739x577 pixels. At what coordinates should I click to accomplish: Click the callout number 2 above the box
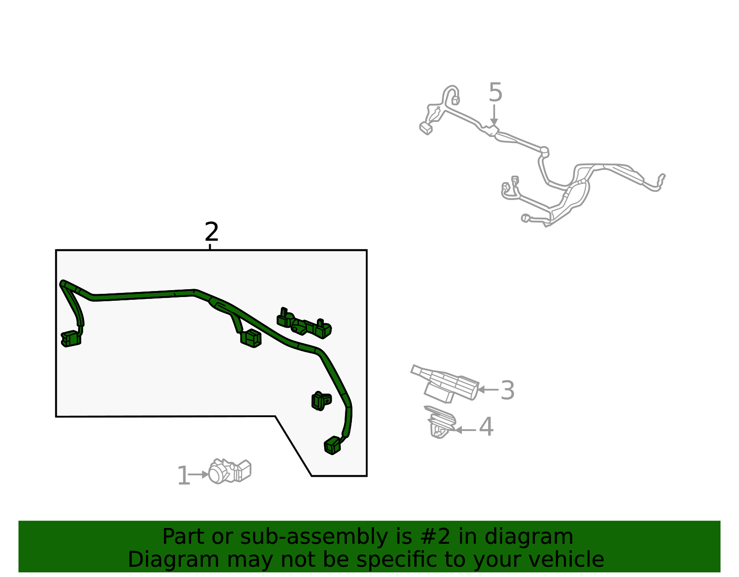coord(212,232)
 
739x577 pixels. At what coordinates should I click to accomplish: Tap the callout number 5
coord(495,93)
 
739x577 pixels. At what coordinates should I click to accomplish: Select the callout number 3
coord(507,390)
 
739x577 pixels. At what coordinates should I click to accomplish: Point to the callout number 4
coord(486,427)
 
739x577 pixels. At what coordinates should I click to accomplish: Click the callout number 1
coord(183,476)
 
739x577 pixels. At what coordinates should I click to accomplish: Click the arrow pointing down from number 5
coord(494,115)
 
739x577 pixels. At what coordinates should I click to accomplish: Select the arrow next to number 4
coord(466,430)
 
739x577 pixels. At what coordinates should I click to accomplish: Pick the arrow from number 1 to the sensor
coord(199,474)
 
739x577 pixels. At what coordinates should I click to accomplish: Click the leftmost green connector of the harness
coord(71,339)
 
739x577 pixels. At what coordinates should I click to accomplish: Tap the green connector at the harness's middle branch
coord(251,338)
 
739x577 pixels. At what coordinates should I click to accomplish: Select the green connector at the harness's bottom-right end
coord(333,445)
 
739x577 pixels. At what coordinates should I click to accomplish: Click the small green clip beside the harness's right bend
coord(321,401)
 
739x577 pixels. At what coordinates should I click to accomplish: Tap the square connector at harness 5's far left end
coord(425,128)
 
